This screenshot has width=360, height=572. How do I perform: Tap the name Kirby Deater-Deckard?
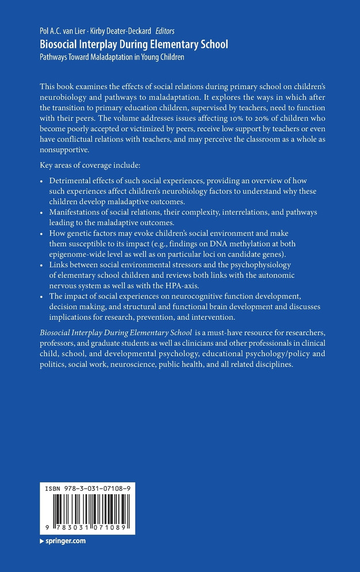click(x=122, y=31)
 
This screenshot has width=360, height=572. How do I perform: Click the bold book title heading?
click(x=134, y=44)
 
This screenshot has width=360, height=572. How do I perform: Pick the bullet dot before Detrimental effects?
click(x=43, y=181)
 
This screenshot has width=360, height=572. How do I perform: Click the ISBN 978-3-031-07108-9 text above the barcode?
click(x=88, y=488)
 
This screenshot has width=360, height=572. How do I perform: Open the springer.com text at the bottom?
click(x=65, y=541)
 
